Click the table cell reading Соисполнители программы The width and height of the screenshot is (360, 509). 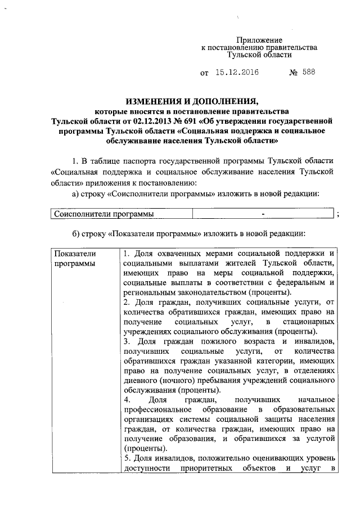coord(103,214)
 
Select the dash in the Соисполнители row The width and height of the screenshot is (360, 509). coord(263,214)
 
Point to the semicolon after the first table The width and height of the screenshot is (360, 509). coord(337,214)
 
